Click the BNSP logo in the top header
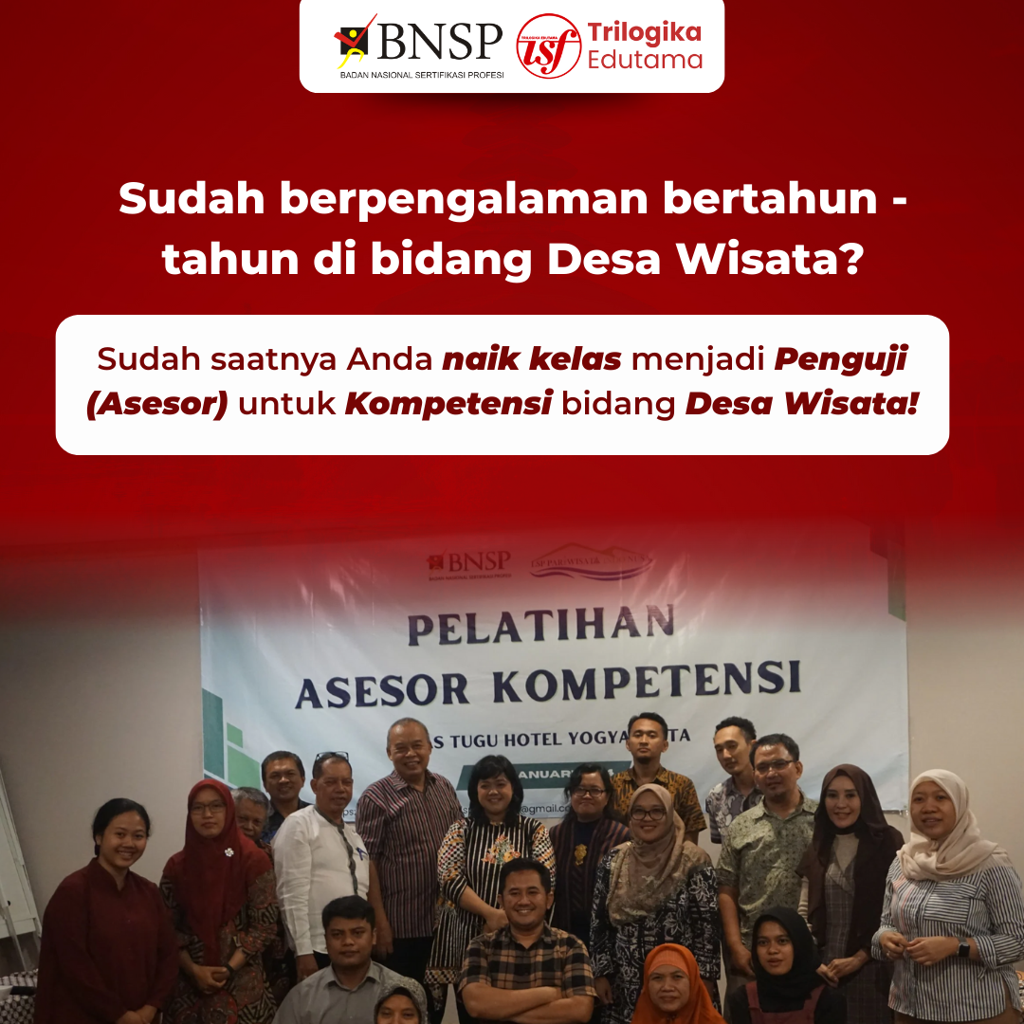tap(418, 46)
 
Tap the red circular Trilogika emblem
tap(548, 46)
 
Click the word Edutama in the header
tap(645, 61)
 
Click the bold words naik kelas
tap(532, 359)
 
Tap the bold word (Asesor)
tap(157, 405)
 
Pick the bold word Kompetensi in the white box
tap(448, 405)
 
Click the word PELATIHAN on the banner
tap(541, 626)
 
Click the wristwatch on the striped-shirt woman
tap(963, 948)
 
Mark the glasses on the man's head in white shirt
tap(332, 758)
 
